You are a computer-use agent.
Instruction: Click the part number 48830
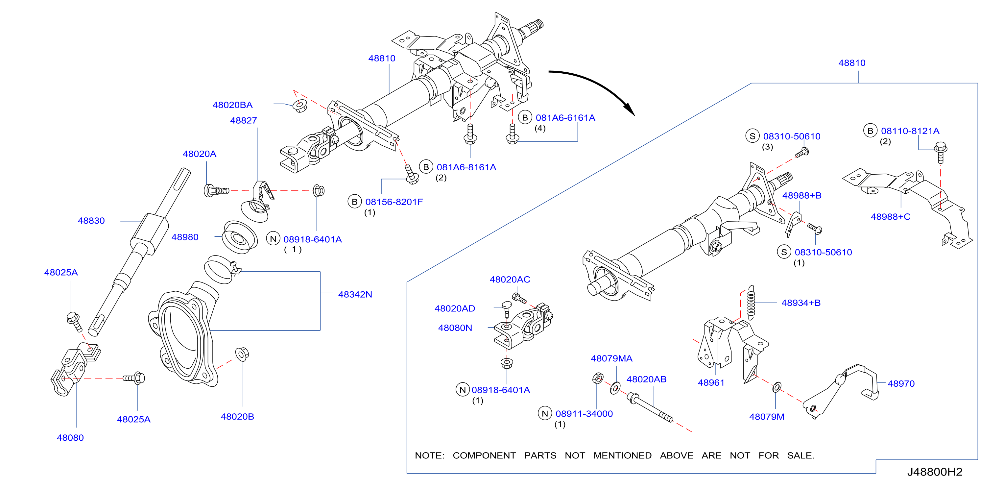pos(91,221)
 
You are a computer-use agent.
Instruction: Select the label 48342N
pos(355,294)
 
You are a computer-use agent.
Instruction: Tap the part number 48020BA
pos(232,105)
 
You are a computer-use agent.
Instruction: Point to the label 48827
pos(243,121)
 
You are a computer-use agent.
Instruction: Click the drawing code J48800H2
pos(935,472)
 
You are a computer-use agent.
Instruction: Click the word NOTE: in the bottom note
pos(429,455)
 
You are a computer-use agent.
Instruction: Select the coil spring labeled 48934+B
pos(751,303)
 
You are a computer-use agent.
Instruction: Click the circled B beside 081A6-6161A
pos(525,118)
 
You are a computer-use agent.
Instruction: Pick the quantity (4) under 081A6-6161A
pos(540,129)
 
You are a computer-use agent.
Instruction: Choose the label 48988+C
pos(891,217)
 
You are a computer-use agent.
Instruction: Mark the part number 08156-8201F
pos(394,202)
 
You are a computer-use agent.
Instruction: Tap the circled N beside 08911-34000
pos(545,414)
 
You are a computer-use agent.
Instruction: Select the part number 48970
pos(901,384)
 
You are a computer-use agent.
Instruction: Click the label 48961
pos(711,383)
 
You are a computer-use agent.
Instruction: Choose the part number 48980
pos(185,237)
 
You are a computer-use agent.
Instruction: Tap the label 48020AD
pos(455,309)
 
